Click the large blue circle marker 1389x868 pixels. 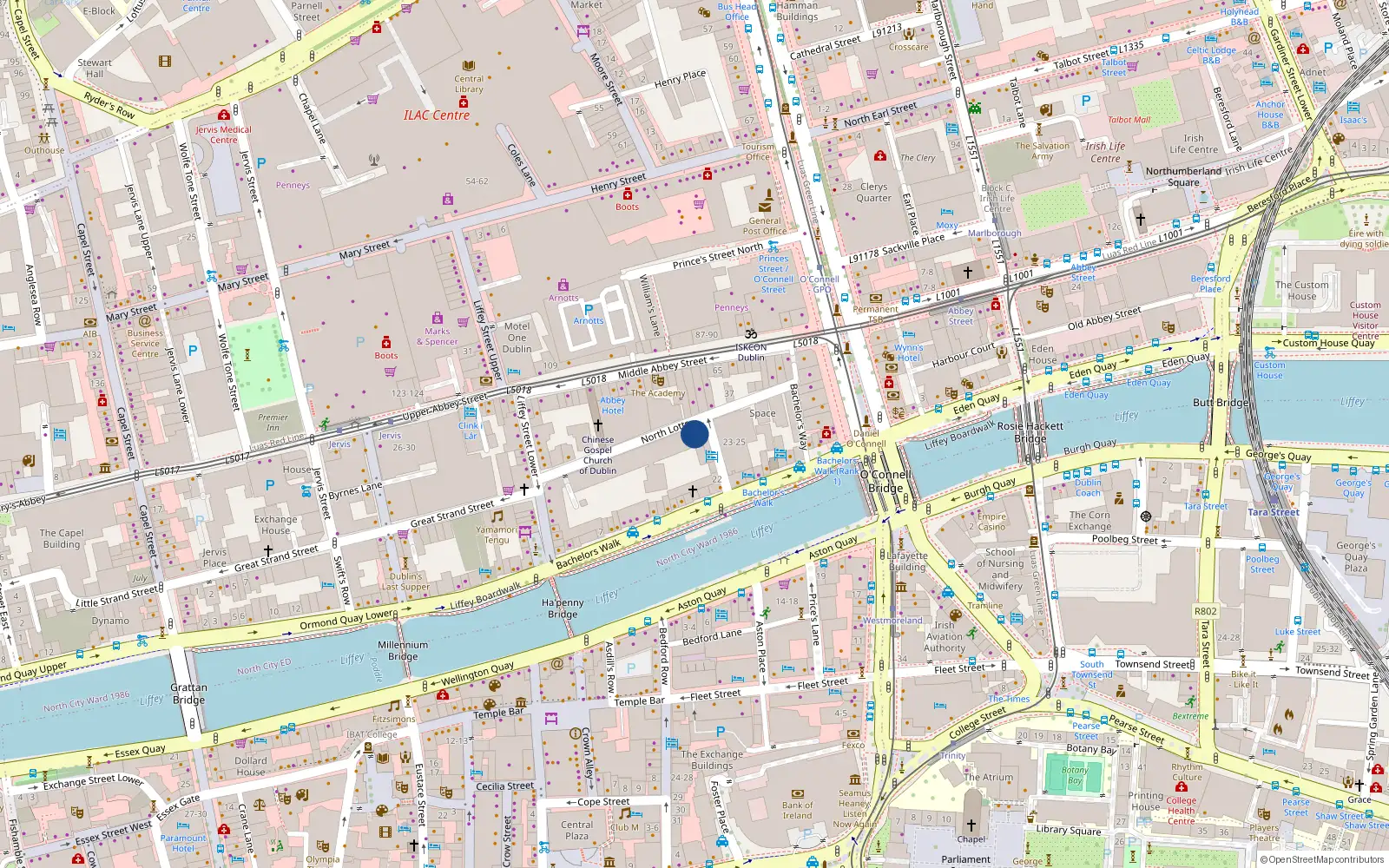(x=694, y=434)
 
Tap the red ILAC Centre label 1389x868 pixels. (x=437, y=115)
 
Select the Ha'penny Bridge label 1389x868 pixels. (x=563, y=608)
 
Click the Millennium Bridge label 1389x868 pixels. (x=403, y=650)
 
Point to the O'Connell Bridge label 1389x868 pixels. (x=885, y=482)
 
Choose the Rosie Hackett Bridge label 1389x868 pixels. (x=1030, y=432)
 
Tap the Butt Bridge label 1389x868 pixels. (x=1221, y=403)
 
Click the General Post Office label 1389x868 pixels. (x=764, y=226)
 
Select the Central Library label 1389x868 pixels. (x=469, y=83)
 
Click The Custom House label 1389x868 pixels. (x=1301, y=291)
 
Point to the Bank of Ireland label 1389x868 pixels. (x=797, y=810)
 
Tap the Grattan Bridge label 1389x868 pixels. (x=188, y=694)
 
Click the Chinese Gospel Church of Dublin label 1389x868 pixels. (x=598, y=455)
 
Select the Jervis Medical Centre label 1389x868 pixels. (x=223, y=135)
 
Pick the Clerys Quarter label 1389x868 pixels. (x=873, y=192)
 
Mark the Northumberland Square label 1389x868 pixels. (x=1183, y=176)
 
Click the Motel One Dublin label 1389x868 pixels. (x=517, y=338)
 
